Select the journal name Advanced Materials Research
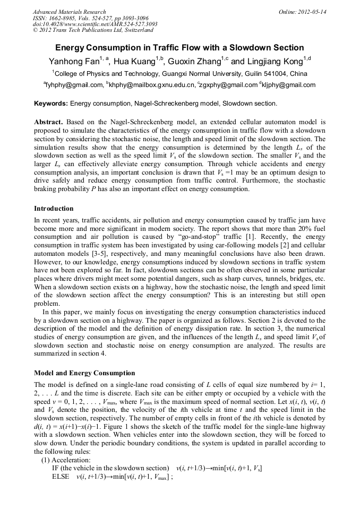click(69, 12)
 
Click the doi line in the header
click(95, 24)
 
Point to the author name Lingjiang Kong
click(275, 61)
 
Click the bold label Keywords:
click(51, 103)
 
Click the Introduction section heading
click(54, 209)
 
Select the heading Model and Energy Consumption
click(84, 373)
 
